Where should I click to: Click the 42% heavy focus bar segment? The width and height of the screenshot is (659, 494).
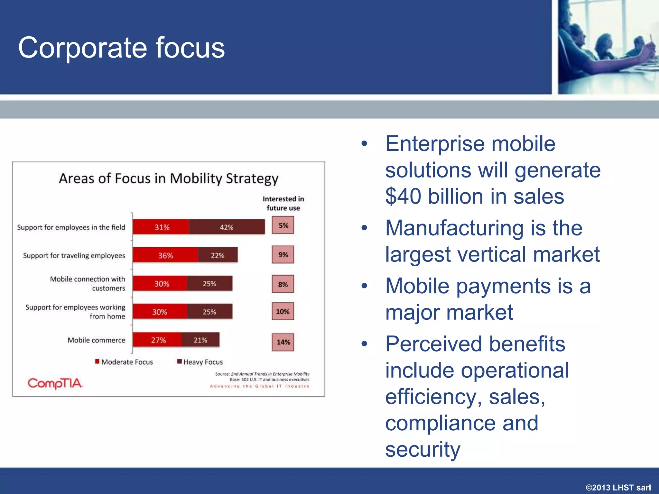227,227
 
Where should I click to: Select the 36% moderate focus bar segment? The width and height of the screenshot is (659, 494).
165,255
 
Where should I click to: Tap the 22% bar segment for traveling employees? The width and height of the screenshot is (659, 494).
218,255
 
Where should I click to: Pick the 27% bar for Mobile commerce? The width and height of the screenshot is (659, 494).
158,340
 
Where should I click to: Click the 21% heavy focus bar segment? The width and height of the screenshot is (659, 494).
200,340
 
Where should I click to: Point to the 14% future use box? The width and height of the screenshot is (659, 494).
283,342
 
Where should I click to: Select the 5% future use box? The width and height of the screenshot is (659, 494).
283,225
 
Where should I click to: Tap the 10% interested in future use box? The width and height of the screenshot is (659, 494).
283,311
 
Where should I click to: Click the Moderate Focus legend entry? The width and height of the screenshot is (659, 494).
124,362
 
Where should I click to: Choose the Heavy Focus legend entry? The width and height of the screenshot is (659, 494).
200,362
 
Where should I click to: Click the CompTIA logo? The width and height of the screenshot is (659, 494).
55,383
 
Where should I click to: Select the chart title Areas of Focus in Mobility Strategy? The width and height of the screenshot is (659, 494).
168,178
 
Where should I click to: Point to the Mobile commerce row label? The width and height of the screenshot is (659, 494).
96,340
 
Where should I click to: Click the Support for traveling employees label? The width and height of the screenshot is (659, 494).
74,255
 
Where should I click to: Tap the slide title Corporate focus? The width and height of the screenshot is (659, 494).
121,48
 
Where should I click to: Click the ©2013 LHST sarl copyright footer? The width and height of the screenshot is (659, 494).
618,487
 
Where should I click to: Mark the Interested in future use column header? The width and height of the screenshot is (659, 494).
283,203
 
